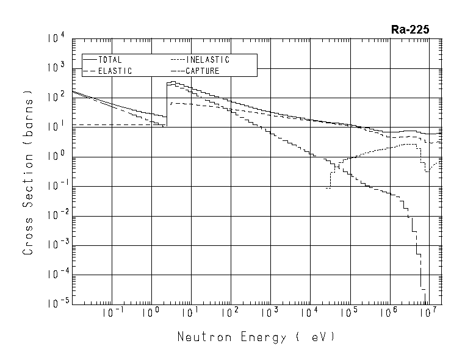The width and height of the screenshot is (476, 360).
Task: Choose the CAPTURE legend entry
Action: pos(204,71)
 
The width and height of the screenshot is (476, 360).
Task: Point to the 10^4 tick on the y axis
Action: pos(56,39)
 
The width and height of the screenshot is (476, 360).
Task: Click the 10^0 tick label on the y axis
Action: pos(56,157)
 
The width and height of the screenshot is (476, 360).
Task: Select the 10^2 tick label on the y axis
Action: pos(56,98)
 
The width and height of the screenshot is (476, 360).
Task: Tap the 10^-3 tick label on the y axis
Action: pos(54,245)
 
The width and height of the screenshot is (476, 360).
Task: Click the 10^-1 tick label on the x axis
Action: pos(109,314)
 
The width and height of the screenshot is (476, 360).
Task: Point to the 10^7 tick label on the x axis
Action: pos(430,314)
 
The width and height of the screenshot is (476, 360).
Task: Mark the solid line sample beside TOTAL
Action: pos(91,60)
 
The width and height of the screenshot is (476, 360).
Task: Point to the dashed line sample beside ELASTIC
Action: pos(91,71)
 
